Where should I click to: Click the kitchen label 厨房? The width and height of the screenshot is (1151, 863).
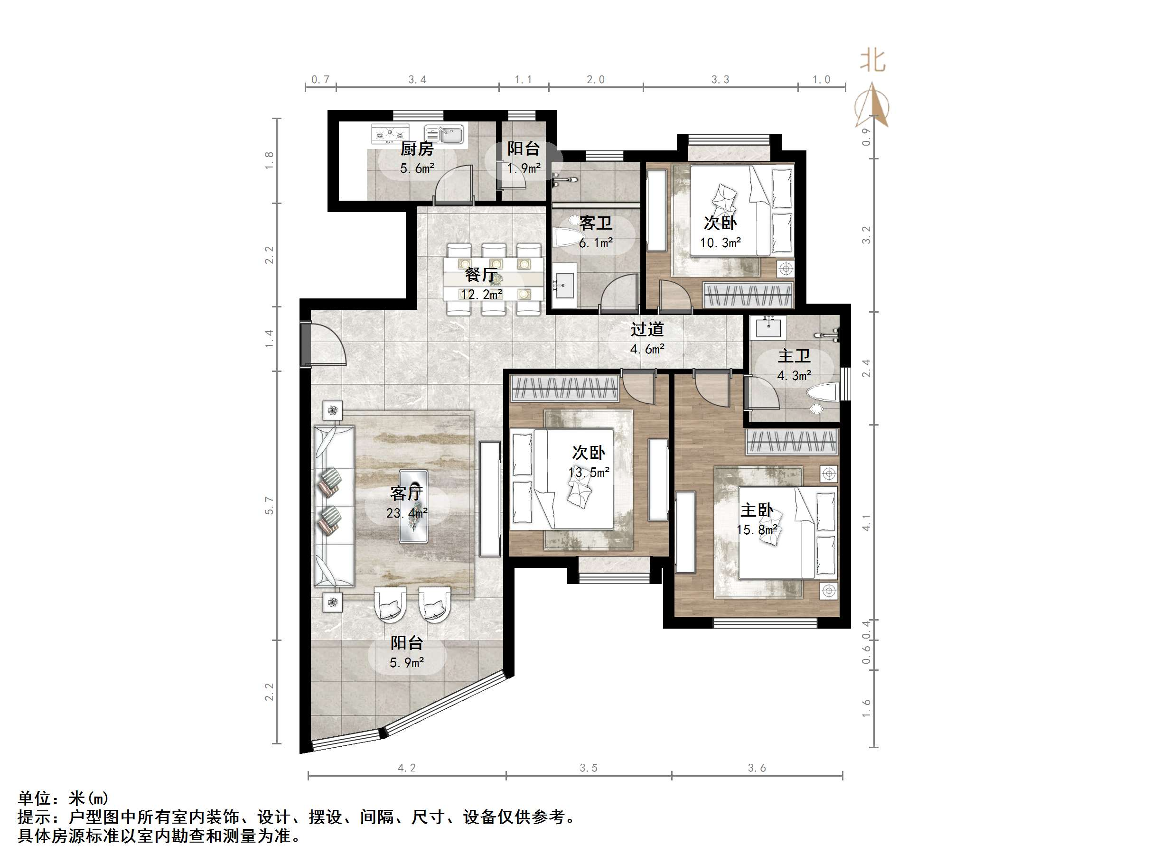coord(416,149)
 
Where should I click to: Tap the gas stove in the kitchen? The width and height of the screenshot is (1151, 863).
coord(390,134)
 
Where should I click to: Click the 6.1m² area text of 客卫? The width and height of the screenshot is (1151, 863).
coord(595,243)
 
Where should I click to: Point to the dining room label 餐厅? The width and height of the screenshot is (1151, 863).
coord(481,275)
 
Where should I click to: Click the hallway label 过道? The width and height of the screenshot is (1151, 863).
coord(647,329)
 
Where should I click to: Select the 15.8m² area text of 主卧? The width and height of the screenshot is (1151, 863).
coord(757,529)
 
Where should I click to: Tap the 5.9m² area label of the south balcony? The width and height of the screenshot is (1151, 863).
coord(406,663)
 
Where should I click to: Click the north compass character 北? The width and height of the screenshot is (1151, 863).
coord(872,61)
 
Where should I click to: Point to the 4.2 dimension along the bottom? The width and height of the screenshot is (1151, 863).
coord(406,768)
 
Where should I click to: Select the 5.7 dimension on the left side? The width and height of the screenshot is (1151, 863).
coord(269,505)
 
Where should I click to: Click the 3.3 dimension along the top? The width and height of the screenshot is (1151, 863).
coord(720,80)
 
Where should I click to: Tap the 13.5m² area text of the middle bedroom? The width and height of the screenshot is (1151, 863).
coord(589,473)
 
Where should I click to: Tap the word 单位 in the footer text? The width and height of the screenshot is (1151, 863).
coord(34,798)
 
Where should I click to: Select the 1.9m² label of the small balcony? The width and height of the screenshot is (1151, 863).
coord(524,168)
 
